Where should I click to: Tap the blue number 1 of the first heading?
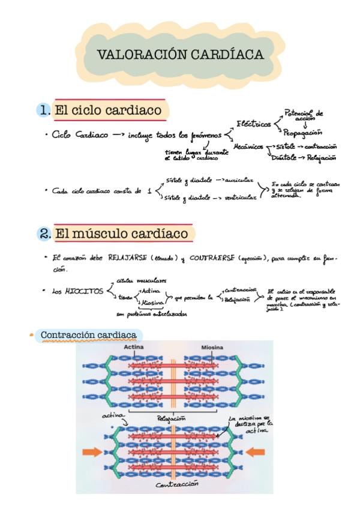[x=44, y=110]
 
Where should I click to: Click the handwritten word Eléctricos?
[x=253, y=124]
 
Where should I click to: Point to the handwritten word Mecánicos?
[x=248, y=146]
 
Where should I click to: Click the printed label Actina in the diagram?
[x=134, y=348]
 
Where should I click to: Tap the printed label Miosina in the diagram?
[x=213, y=348]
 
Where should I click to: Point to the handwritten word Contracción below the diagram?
[x=177, y=485]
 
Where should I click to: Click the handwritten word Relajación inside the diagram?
[x=171, y=418]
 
